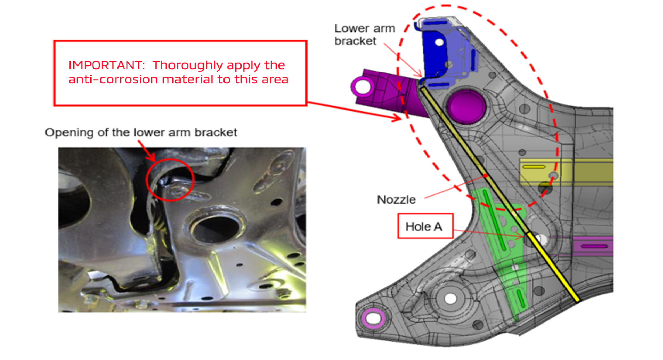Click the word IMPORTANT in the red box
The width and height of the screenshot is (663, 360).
(106, 65)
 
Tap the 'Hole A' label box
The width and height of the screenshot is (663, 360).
(425, 226)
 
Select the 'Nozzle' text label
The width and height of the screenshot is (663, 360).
(396, 200)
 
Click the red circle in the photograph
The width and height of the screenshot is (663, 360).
(170, 180)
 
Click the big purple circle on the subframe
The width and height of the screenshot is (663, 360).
(466, 106)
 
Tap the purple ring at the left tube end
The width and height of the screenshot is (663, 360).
(362, 86)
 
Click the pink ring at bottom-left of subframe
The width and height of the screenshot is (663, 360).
(373, 318)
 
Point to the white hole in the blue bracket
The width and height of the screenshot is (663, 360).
(439, 43)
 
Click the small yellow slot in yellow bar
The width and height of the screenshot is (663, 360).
(534, 167)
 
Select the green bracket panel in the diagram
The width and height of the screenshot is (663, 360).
(505, 252)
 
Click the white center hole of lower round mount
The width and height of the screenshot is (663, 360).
(450, 298)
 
